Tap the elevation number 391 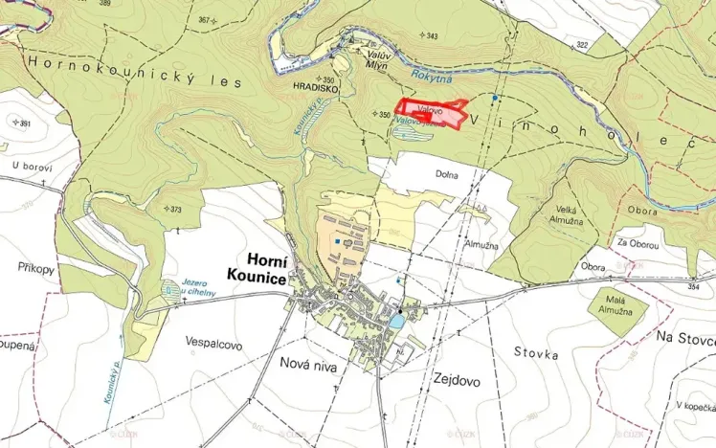24,123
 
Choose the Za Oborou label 638,244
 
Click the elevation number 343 431,36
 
